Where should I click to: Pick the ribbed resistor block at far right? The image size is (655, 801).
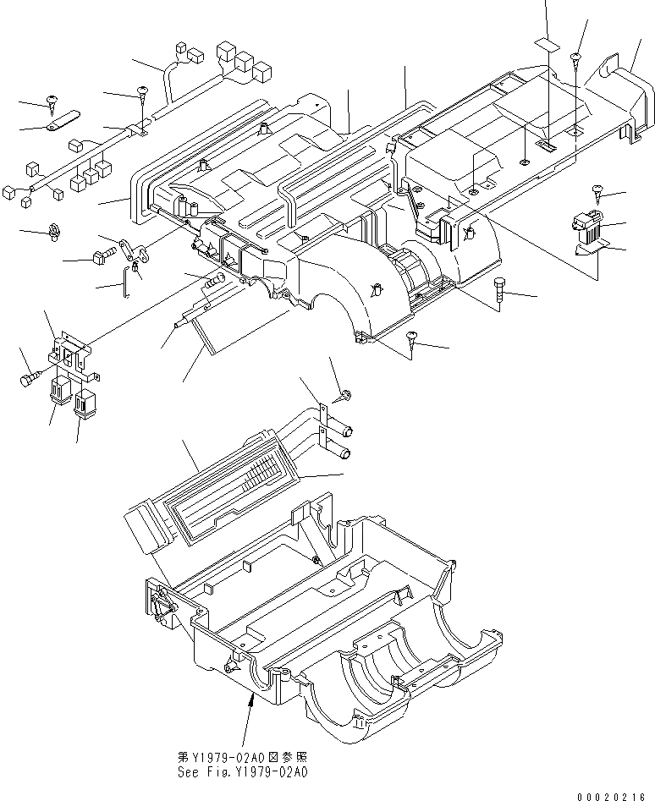point(587,226)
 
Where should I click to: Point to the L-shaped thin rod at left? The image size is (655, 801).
point(128,277)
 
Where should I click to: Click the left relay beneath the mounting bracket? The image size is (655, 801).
point(59,392)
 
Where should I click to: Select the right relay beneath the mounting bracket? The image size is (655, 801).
point(85,403)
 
